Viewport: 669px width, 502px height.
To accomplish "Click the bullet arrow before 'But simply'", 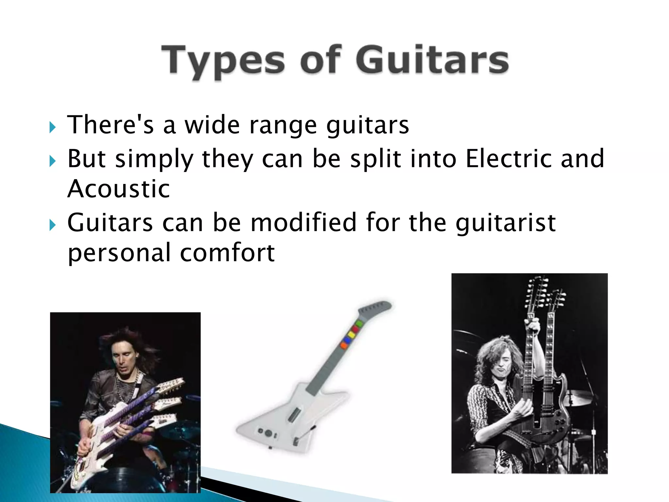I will point(52,161).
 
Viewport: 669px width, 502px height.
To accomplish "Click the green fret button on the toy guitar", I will point(359,324).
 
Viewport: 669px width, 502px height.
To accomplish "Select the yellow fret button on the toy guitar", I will point(350,335).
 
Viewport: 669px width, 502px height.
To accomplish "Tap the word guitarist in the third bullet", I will point(506,223).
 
